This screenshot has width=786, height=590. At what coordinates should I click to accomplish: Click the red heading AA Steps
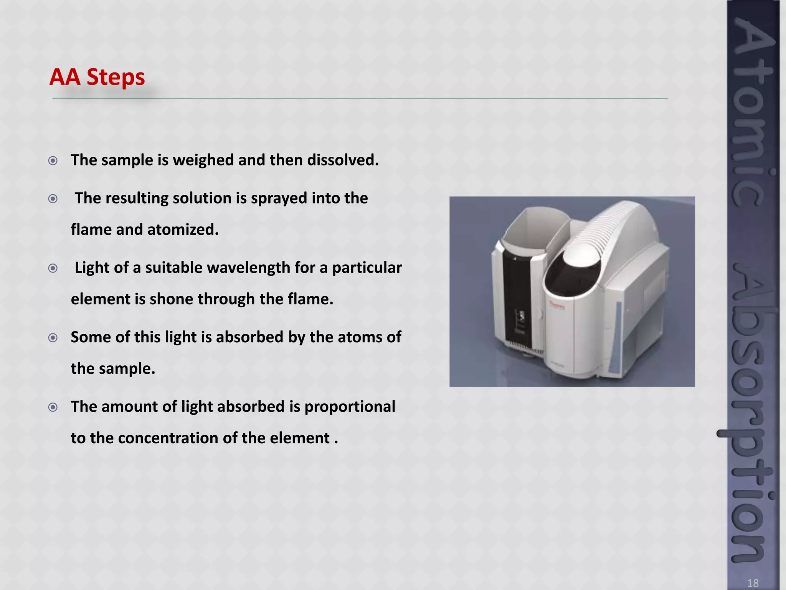click(97, 77)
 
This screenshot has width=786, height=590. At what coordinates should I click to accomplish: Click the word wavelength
click(248, 268)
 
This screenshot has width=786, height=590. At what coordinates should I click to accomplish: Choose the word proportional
click(350, 407)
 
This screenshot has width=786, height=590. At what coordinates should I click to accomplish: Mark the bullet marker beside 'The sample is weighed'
click(53, 161)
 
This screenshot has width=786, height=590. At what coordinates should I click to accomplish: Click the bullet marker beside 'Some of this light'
click(53, 338)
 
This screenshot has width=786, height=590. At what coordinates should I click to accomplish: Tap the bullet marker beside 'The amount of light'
click(53, 407)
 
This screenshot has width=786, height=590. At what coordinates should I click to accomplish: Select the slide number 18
click(753, 583)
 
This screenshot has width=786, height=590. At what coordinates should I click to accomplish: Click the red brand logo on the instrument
click(557, 305)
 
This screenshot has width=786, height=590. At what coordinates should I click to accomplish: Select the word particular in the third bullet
click(367, 268)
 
